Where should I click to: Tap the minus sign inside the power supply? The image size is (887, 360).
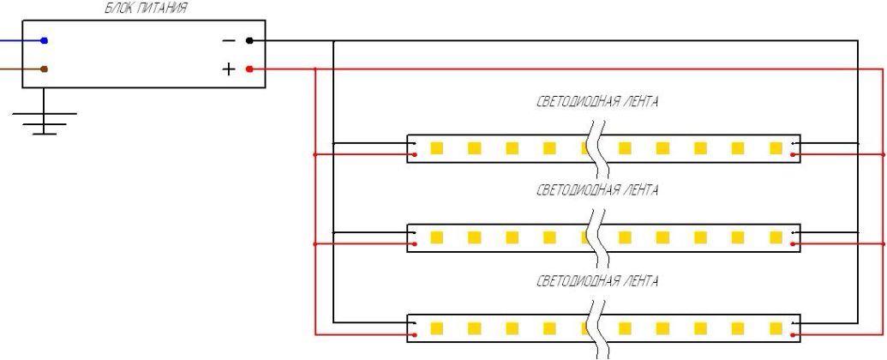click(229, 40)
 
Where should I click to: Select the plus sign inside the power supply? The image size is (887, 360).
click(229, 69)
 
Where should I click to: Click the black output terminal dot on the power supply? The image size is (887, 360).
click(249, 40)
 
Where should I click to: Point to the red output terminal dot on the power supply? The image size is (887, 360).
click(249, 69)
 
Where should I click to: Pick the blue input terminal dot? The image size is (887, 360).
click(44, 40)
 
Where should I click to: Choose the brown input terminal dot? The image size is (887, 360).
click(44, 69)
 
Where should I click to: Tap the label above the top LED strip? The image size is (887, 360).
click(597, 102)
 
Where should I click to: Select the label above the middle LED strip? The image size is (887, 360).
click(597, 190)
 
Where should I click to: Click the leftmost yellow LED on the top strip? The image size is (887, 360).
click(435, 148)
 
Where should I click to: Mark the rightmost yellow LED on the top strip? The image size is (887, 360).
click(776, 148)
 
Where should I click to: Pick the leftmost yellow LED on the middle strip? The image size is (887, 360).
click(435, 237)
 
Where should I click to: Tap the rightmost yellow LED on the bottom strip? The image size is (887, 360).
click(776, 327)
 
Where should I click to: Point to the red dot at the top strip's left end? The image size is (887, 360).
click(415, 155)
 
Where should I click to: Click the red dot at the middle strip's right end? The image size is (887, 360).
click(797, 244)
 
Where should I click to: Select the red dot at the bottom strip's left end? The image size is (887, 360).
click(415, 333)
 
